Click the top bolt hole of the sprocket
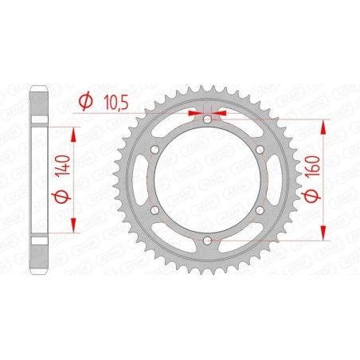tap(207, 119)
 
